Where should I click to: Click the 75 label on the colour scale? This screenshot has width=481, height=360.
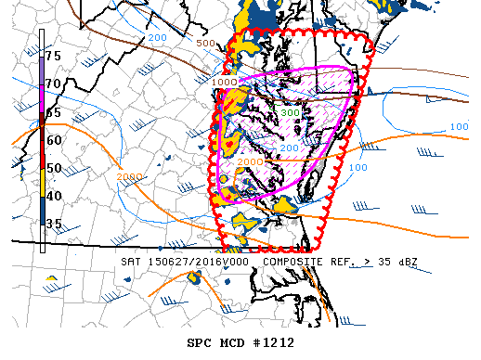coord(53,57)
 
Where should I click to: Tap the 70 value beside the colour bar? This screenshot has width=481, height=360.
coord(53,84)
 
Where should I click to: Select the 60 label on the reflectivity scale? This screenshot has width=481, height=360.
coord(53,140)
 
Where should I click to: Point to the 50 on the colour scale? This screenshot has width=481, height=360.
coord(53,168)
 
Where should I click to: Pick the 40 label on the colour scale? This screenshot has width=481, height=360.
coord(53,196)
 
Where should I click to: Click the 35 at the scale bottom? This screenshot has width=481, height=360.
coord(53,224)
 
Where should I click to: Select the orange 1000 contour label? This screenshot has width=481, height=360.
coord(224,83)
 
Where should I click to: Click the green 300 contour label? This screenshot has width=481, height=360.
coord(290,113)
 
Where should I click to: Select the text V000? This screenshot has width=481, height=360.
coord(236,262)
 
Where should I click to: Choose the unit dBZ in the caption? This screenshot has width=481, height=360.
coord(405,262)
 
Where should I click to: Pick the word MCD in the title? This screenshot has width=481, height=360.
coord(232,342)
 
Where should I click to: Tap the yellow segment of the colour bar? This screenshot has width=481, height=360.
coord(42,186)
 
